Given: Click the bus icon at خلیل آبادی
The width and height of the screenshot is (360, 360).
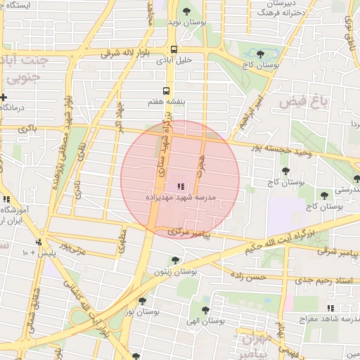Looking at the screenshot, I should [174, 49].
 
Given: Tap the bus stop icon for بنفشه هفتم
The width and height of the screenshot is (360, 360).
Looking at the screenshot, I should [167, 91].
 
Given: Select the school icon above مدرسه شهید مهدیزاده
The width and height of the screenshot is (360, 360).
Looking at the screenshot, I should [180, 186].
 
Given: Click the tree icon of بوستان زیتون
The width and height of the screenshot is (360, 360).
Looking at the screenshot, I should [175, 260].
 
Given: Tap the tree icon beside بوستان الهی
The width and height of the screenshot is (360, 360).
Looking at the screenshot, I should [205, 309].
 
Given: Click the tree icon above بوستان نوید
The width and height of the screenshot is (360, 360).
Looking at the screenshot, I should [186, 11].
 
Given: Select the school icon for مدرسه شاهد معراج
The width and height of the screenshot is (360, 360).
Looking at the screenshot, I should [330, 308].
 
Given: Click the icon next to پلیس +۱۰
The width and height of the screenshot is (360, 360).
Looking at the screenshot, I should [47, 251].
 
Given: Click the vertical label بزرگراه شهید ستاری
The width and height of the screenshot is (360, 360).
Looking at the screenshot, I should [167, 137].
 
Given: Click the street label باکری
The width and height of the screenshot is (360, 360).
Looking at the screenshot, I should [27, 129].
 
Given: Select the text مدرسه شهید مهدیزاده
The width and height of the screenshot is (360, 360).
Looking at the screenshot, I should [180, 199].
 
